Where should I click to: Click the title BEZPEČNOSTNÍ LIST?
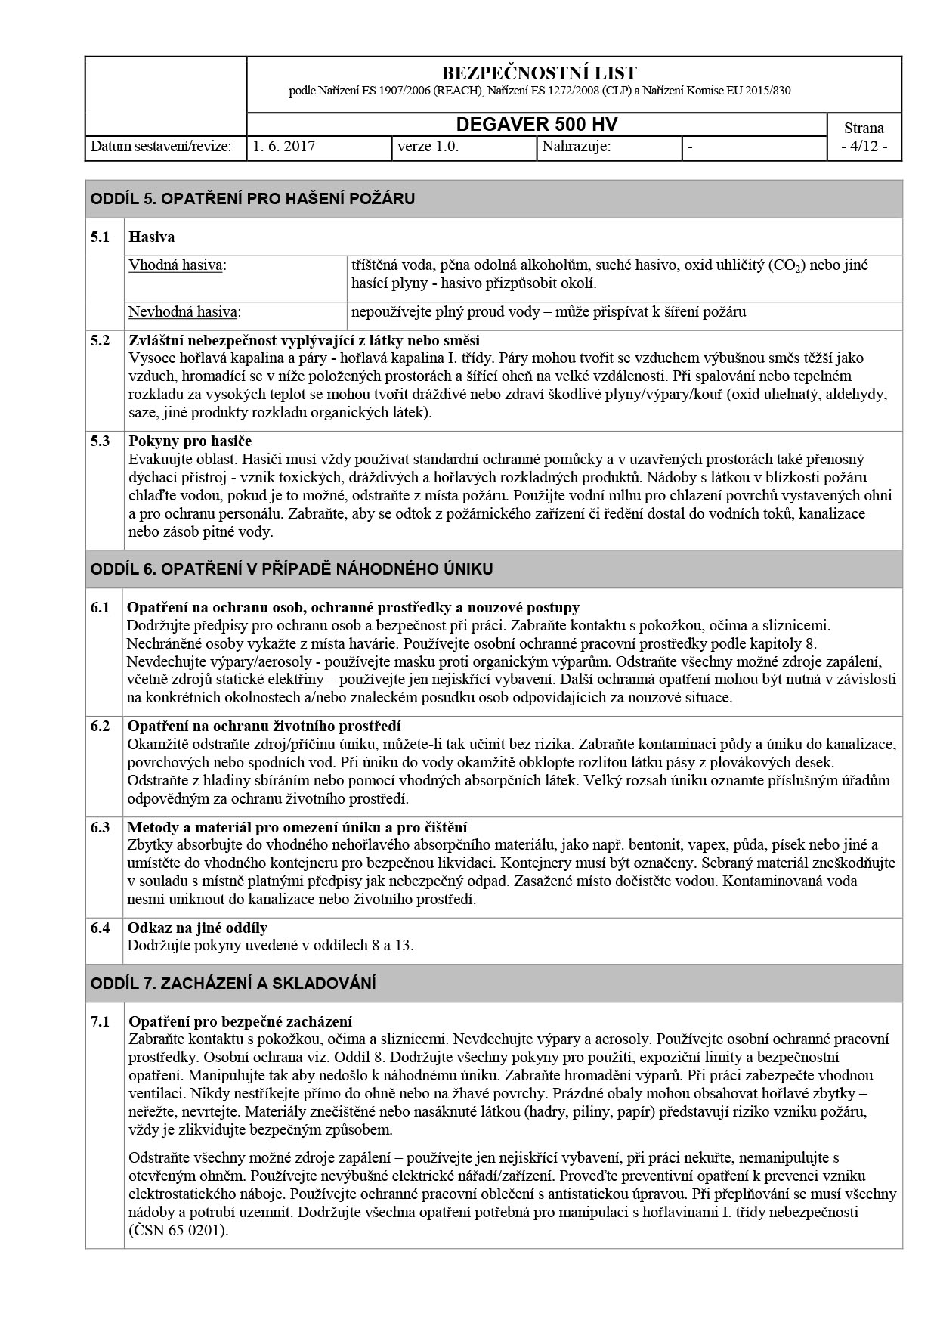[x=538, y=73]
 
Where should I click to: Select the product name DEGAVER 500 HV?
[x=537, y=125]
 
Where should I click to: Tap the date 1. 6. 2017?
[x=284, y=147]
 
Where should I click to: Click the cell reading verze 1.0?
[x=428, y=147]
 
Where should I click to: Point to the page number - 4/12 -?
[x=864, y=147]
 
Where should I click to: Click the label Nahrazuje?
[x=577, y=147]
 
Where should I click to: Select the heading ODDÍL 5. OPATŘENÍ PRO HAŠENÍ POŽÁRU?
[x=252, y=199]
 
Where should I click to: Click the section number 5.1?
[x=101, y=237]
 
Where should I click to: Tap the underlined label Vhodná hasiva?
[x=178, y=265]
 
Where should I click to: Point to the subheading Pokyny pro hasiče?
[x=190, y=441]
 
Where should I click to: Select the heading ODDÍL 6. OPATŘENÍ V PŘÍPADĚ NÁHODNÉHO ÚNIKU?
[x=292, y=569]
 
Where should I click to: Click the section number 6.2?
[x=101, y=727]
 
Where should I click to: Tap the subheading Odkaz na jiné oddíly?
[x=197, y=928]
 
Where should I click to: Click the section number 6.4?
[x=101, y=928]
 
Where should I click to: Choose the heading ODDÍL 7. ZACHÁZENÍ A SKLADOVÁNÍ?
[x=233, y=984]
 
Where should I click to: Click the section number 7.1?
[x=101, y=1021]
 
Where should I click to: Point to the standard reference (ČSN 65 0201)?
[x=178, y=1230]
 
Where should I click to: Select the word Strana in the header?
[x=864, y=128]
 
